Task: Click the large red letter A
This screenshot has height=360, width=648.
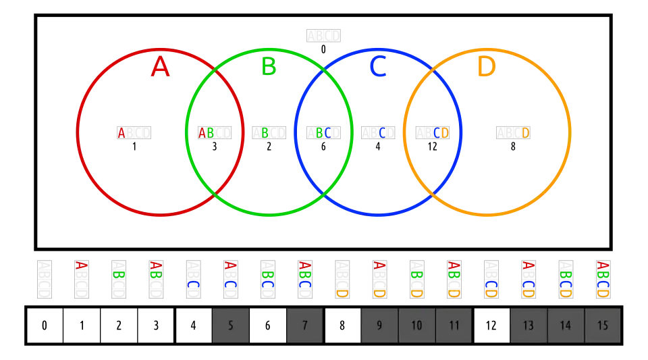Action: tap(160, 68)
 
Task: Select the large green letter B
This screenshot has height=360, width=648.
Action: tap(269, 67)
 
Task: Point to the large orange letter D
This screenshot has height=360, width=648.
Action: tap(486, 68)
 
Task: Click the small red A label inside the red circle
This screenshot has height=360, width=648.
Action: tap(122, 133)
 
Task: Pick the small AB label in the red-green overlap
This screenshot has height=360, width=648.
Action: tap(207, 133)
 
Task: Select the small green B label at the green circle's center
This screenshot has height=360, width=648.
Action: tap(265, 133)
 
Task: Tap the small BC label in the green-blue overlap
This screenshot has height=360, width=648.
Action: tap(324, 133)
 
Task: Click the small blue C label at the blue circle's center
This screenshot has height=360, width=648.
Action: tap(383, 133)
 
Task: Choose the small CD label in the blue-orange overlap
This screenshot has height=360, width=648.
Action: tap(441, 133)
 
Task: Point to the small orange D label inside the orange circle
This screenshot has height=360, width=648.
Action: tap(524, 133)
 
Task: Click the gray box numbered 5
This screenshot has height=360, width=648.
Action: tap(231, 326)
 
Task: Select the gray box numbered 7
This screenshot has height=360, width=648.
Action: tap(304, 326)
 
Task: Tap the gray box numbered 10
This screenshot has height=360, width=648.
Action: tap(416, 326)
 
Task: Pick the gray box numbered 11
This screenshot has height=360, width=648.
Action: tap(454, 326)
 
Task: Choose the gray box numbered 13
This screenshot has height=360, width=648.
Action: tap(528, 326)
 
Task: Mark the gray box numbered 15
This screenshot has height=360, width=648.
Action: tap(602, 326)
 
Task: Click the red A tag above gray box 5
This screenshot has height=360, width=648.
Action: tap(230, 265)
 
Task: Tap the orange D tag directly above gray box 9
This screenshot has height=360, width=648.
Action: tap(379, 293)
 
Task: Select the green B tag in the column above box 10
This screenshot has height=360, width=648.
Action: tap(416, 275)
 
